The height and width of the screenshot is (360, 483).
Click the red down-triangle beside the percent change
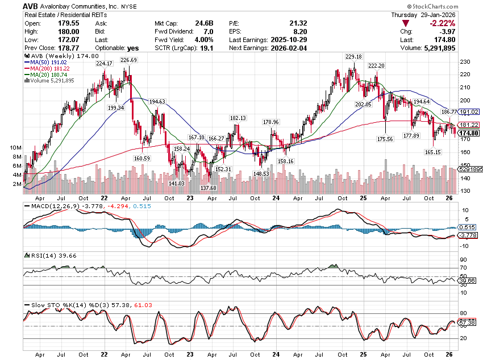(405, 23)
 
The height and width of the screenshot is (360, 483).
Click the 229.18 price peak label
(353, 57)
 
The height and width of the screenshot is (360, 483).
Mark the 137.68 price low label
(209, 187)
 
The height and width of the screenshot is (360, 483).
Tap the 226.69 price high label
(129, 60)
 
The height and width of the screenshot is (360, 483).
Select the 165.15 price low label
(433, 152)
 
